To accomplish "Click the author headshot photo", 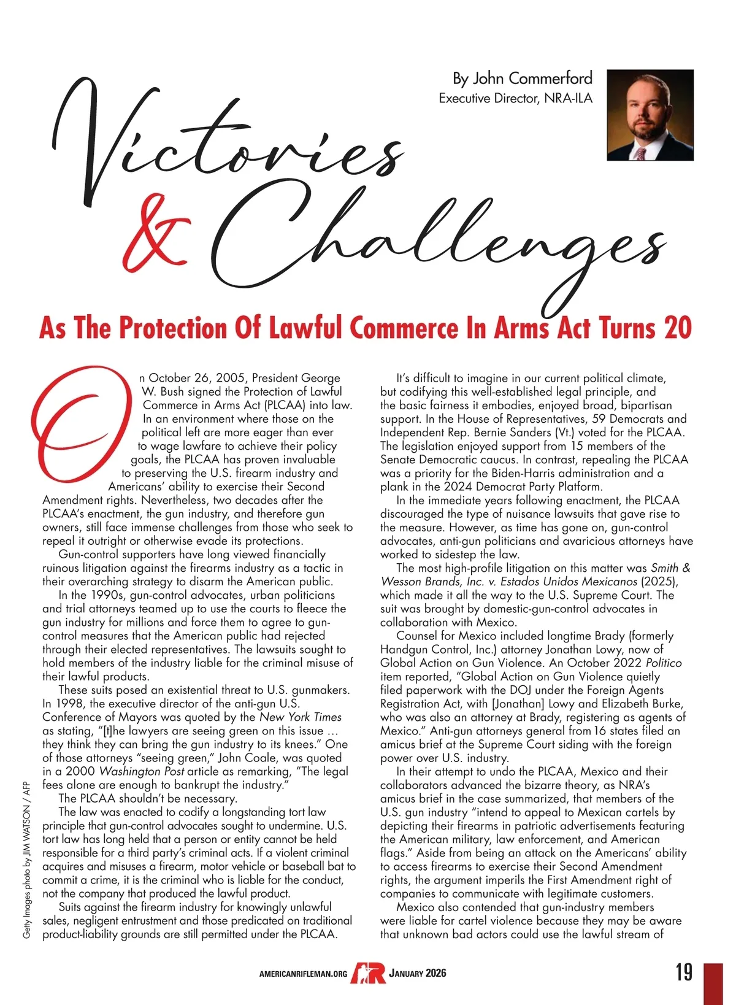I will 650,115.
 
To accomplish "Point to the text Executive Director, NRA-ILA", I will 515,98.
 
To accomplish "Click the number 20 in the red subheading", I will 678,328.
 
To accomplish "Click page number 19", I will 684,972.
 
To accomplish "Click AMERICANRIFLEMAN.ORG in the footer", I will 303,974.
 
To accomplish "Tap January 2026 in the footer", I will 418,973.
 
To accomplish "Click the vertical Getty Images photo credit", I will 26,859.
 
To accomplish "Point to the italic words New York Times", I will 301,717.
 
